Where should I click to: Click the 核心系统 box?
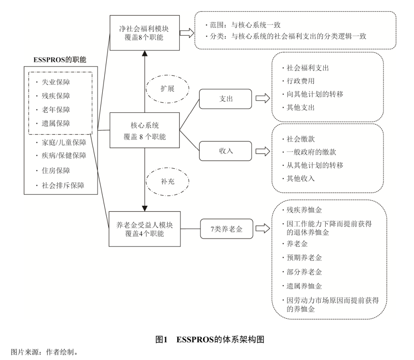pos(145,130)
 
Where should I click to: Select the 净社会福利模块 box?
pos(145,33)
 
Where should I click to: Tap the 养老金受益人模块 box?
pos(145,229)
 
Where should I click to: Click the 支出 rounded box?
pos(225,99)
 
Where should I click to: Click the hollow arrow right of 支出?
pos(263,99)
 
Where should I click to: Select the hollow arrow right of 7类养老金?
pos(263,229)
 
